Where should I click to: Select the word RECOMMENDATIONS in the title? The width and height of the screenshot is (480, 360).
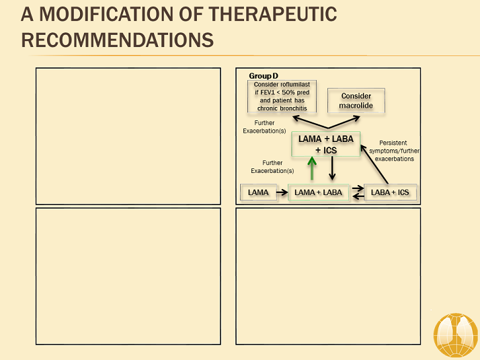point(118,39)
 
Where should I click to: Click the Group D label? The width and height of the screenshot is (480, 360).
point(264,76)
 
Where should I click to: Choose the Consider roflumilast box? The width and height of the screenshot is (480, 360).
point(283,96)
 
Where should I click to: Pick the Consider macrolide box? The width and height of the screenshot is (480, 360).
point(356,101)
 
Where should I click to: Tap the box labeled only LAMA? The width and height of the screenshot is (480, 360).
point(258,192)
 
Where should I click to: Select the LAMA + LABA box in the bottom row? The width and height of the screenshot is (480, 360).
point(319,192)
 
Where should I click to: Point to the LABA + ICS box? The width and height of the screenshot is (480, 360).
point(390,192)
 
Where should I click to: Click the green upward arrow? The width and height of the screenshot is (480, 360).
point(311,168)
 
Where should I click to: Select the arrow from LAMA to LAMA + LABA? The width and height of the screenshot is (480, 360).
point(282,192)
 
